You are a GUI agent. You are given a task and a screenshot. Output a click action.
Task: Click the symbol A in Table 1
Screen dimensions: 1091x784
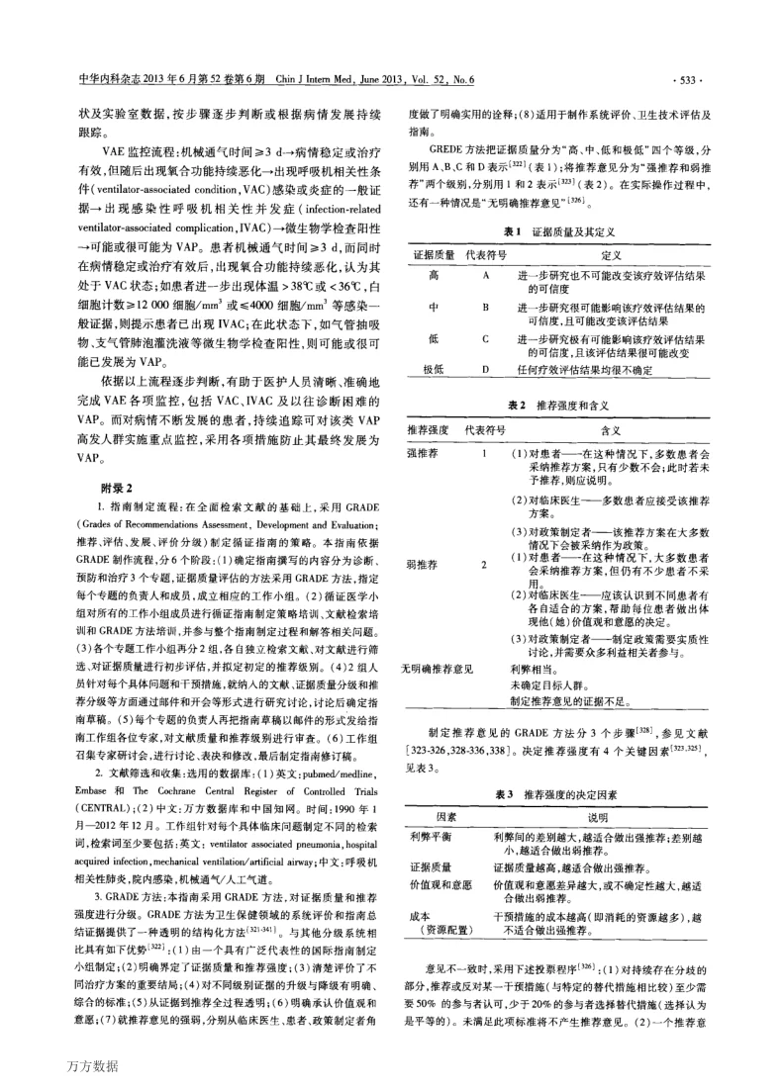485,274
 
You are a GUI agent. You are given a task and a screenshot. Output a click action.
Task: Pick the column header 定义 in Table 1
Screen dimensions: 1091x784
612,254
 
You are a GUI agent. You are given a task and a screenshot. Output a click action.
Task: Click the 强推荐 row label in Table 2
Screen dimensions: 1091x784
421,453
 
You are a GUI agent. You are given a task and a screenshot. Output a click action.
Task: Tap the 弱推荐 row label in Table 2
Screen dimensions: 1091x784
421,564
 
